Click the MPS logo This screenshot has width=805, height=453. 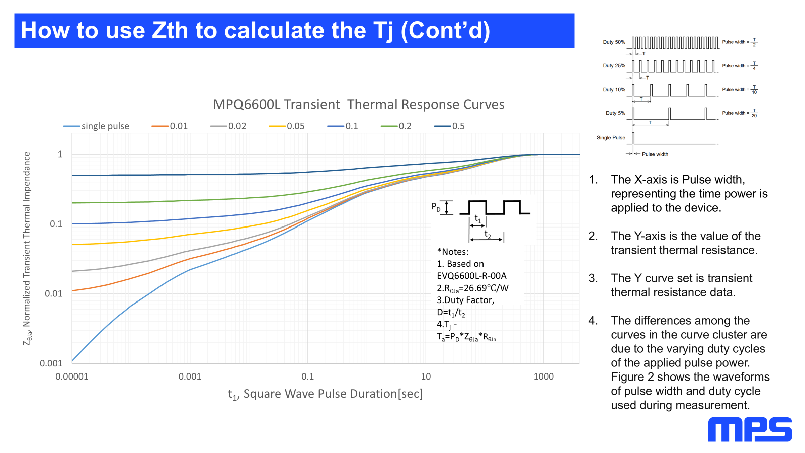[x=750, y=430]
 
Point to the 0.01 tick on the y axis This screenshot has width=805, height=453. [x=54, y=293]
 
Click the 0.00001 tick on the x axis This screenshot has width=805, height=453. [x=72, y=376]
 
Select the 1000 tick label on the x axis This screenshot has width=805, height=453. [x=543, y=376]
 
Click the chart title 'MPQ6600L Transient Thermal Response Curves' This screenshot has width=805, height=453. [x=358, y=104]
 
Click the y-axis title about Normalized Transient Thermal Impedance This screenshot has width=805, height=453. [x=27, y=248]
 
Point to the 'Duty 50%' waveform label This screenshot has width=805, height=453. [x=614, y=42]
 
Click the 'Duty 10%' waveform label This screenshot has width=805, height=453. [x=614, y=90]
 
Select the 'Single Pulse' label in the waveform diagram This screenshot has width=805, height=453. [x=611, y=138]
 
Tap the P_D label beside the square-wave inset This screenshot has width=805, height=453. [x=436, y=207]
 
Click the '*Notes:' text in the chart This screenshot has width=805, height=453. [x=452, y=252]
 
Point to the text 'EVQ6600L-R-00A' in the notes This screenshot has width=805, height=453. [x=471, y=276]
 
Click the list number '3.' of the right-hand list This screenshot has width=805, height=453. [x=593, y=278]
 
